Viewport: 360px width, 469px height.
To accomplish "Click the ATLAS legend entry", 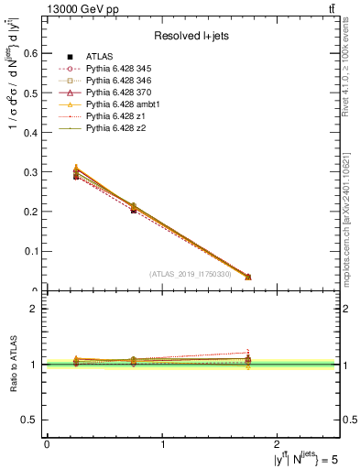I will pos(99,58).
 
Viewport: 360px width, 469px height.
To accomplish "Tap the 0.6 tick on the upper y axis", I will pos(31,54).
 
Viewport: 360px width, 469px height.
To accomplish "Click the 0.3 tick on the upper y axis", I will pos(31,172).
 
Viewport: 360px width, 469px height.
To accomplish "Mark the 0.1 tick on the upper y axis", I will pos(31,251).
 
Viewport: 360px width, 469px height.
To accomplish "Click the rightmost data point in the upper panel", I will pos(247,277).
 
